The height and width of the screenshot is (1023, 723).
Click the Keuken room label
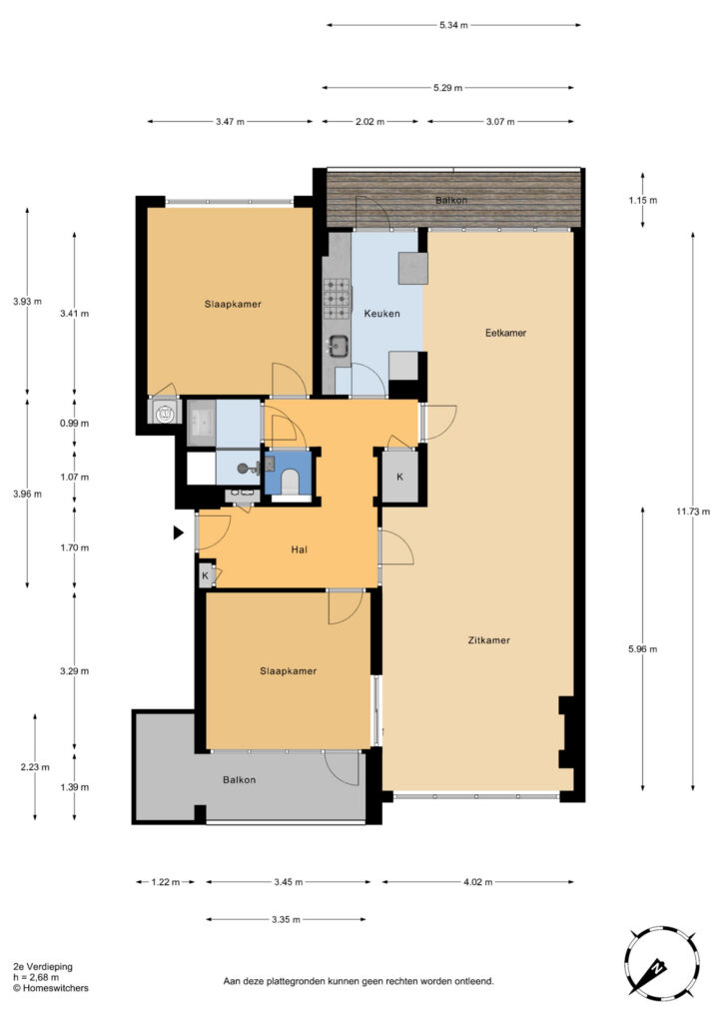[x=382, y=313]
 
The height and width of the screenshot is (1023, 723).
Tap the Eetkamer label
[x=505, y=333]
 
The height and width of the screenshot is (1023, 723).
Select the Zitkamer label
[x=489, y=640]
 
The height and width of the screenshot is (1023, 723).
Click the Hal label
[x=300, y=550]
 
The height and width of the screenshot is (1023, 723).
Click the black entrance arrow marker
[x=178, y=533]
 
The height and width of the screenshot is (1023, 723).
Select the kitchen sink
[x=339, y=346]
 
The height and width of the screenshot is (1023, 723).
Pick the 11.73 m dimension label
[x=693, y=511]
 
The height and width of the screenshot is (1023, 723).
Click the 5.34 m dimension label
[x=453, y=25]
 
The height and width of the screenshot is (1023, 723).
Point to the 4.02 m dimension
[x=478, y=882]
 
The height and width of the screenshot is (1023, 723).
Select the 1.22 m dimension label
[x=166, y=882]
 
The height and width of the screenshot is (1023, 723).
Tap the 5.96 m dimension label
[x=643, y=649]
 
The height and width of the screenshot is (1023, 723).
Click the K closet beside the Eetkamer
[x=399, y=477]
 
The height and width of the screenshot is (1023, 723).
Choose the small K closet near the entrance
[x=206, y=576]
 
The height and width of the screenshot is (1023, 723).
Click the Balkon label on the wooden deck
[x=451, y=200]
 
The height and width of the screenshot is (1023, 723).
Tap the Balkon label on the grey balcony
[x=240, y=779]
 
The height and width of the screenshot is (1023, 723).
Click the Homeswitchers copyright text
[x=51, y=988]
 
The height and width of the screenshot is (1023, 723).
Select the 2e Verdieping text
[x=43, y=967]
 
